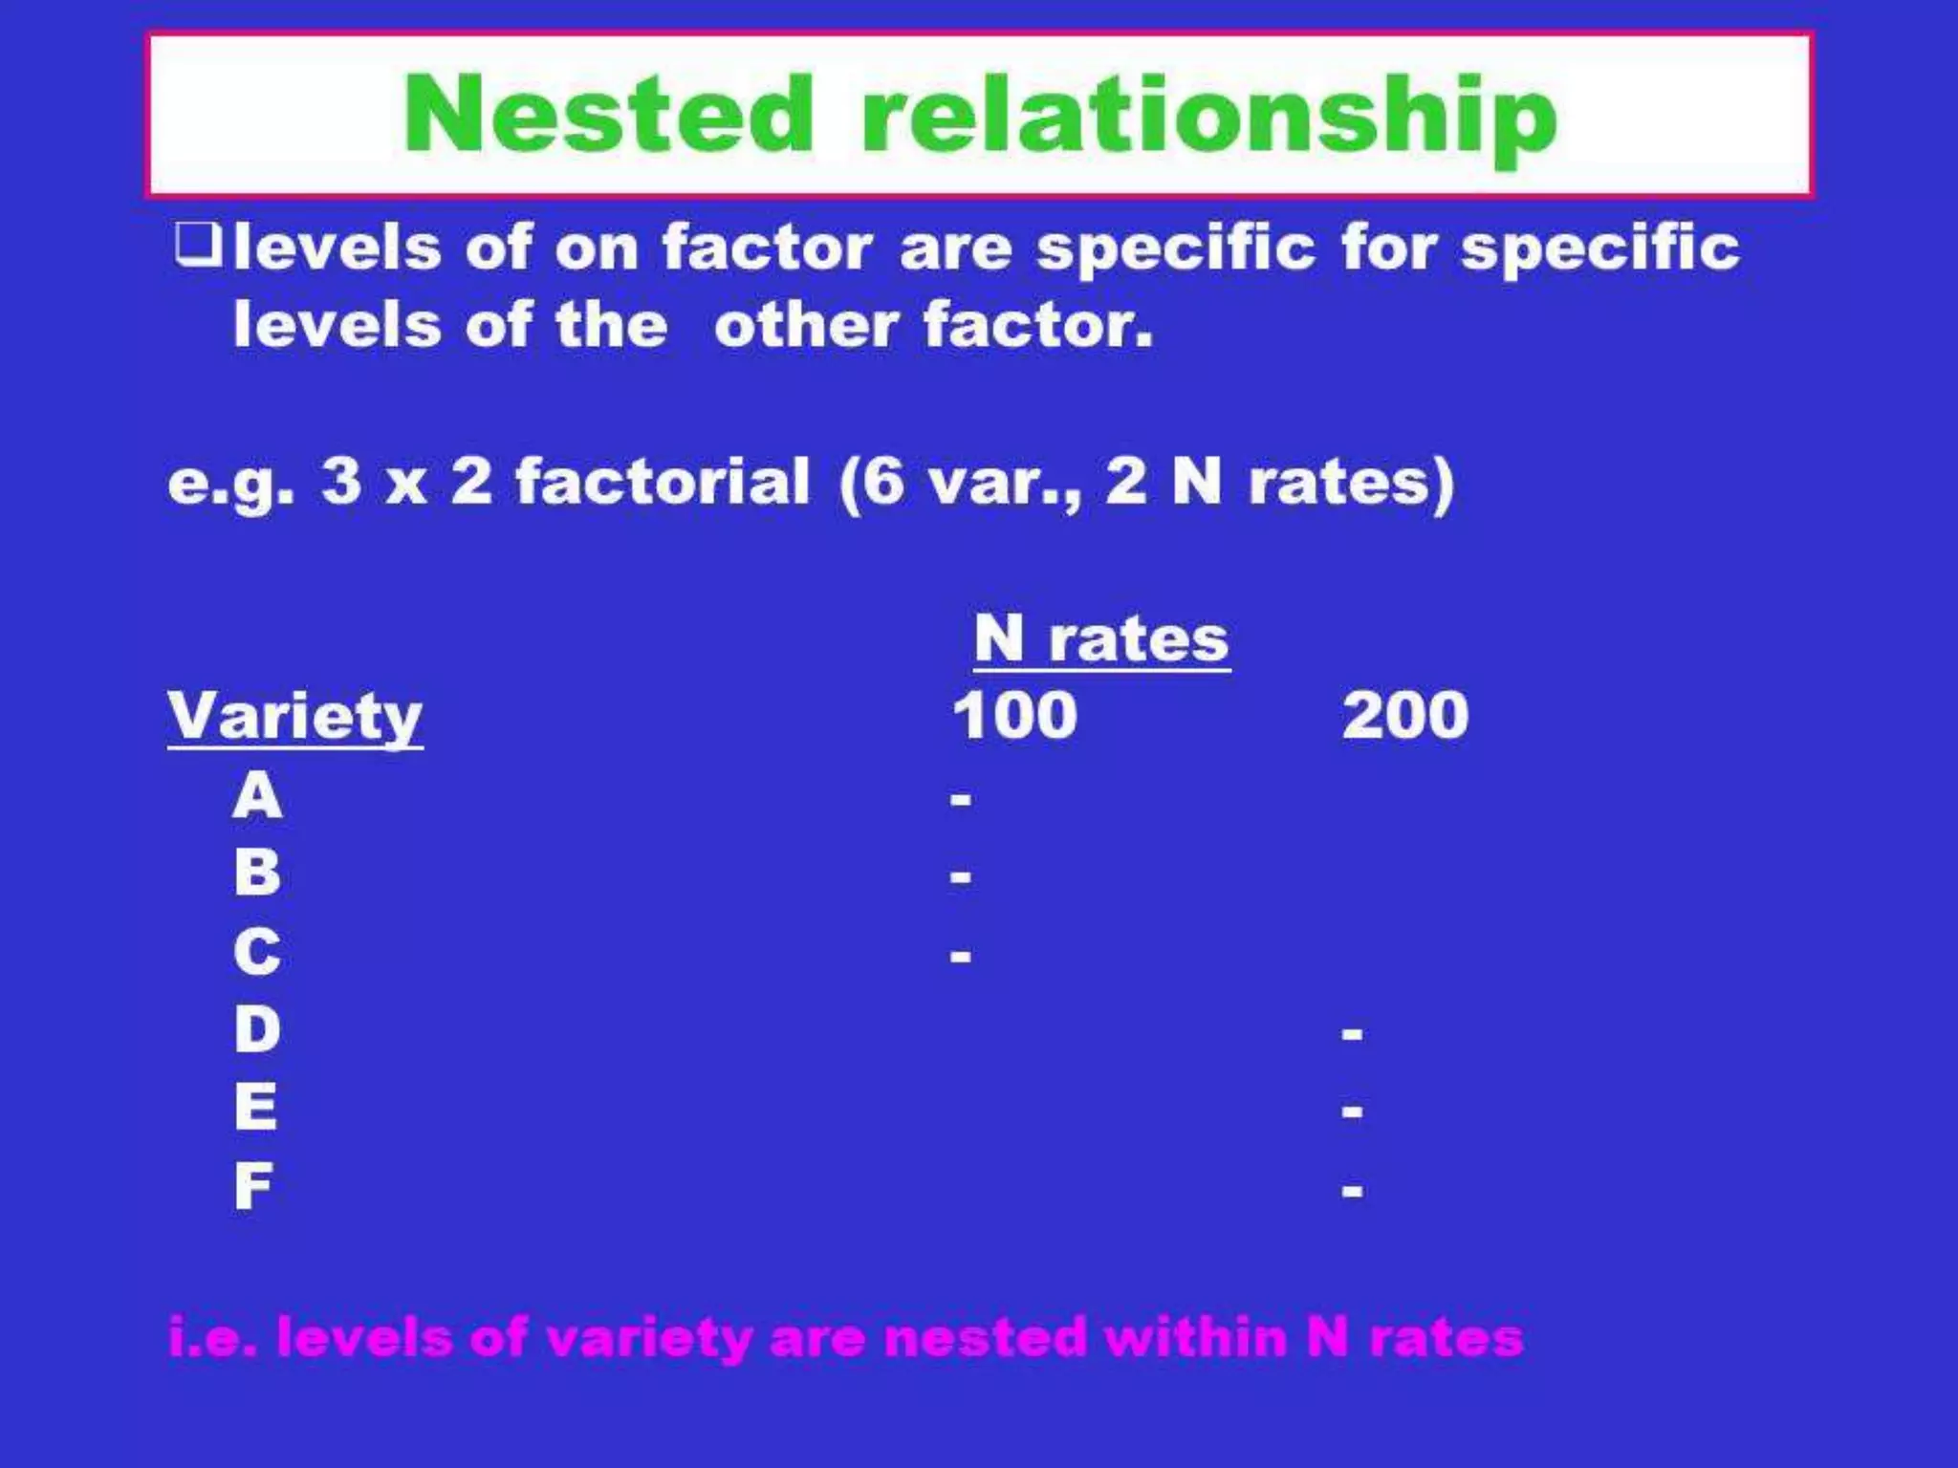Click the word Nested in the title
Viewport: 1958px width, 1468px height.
point(608,115)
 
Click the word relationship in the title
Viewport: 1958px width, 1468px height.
point(1208,117)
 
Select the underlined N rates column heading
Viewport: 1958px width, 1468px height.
point(1101,638)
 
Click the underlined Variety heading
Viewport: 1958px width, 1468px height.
point(294,717)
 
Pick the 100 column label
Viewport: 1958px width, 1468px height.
point(1014,715)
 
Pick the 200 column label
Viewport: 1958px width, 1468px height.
point(1404,715)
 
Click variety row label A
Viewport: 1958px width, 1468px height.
point(257,795)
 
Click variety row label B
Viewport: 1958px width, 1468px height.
point(257,873)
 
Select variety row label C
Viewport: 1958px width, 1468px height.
point(257,952)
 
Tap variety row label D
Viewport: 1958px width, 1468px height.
point(257,1029)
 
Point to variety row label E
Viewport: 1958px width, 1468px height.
point(255,1108)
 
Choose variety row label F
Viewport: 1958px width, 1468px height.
point(253,1186)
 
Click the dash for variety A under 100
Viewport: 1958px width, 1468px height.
point(961,798)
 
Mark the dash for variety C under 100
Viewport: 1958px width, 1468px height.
point(961,955)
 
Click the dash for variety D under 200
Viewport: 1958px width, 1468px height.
point(1352,1033)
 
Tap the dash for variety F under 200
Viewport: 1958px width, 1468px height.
point(1352,1190)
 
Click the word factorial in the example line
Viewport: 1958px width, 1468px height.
point(663,481)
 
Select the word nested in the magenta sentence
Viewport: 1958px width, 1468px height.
point(986,1337)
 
